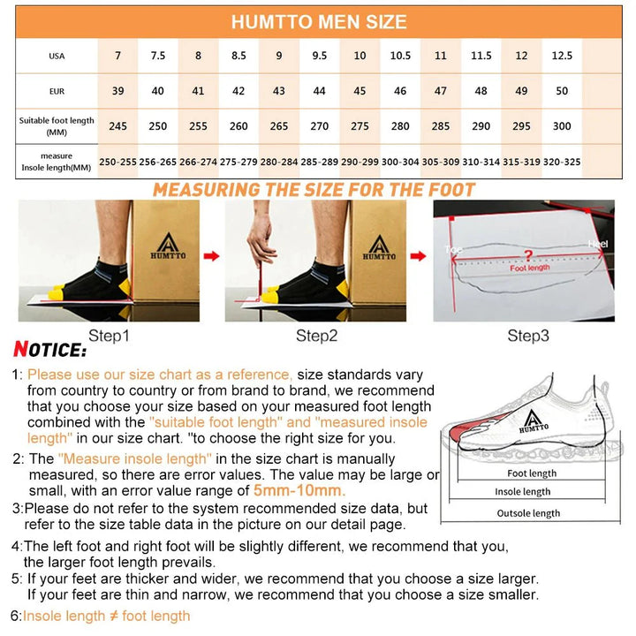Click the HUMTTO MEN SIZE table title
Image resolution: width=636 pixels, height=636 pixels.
tap(319, 22)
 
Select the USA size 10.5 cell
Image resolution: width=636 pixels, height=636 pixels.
tap(400, 56)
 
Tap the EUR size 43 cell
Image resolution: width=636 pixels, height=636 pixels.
tap(279, 91)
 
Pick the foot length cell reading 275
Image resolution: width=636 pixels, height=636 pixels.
tap(360, 126)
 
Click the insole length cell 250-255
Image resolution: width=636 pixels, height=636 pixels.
tap(117, 162)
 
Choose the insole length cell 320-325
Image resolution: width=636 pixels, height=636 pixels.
tap(562, 162)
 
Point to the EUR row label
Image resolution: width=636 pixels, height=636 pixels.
tap(56, 91)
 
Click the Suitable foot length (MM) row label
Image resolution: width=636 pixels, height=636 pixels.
tap(56, 125)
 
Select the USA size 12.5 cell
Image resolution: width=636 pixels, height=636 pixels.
tap(562, 56)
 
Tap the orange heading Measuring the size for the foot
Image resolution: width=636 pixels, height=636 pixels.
tap(314, 189)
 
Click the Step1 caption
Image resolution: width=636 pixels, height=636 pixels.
tap(109, 336)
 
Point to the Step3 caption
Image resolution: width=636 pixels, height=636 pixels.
tap(527, 336)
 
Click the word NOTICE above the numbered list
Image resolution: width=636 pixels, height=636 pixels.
tap(50, 352)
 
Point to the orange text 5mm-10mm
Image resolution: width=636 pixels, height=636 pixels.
tap(299, 491)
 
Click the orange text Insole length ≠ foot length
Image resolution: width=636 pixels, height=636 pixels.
tap(106, 616)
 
